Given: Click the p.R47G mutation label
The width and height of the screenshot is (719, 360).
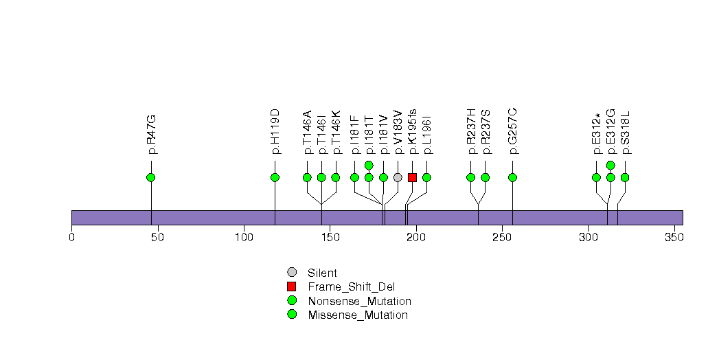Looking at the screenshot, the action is coord(151,135).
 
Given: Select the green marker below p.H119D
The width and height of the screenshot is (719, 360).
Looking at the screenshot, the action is coord(275,177).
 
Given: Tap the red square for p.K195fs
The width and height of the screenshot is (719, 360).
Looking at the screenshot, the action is coord(412,177).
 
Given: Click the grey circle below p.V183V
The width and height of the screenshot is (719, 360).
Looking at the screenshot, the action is coord(398,177).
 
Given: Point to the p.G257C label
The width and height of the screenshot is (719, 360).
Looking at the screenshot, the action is coord(513,131).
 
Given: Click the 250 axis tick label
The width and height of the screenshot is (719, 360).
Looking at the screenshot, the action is coord(502,237).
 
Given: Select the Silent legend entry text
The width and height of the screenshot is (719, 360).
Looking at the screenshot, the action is coord(322,273).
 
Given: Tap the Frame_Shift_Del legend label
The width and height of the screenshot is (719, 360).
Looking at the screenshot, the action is coord(351,287).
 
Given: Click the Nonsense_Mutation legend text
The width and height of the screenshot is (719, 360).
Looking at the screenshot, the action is coord(360,302).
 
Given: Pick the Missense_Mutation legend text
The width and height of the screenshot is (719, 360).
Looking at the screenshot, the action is coord(358,315).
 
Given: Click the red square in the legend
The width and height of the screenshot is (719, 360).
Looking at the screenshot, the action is coord(292,286).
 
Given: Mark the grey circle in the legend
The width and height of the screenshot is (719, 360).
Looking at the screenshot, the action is coord(292,273).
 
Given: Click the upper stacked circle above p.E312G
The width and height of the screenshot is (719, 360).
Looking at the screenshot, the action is coord(610,165).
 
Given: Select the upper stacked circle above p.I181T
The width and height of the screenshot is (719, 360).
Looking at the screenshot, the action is coord(369,165).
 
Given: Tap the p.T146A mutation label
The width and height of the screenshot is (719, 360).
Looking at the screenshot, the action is coord(307,132).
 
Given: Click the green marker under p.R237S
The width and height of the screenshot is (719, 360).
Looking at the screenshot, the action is coord(485,177).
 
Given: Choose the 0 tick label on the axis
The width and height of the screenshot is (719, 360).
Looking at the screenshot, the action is coord(71,237).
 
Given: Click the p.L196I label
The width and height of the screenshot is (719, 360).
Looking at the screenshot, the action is coord(427,135).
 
